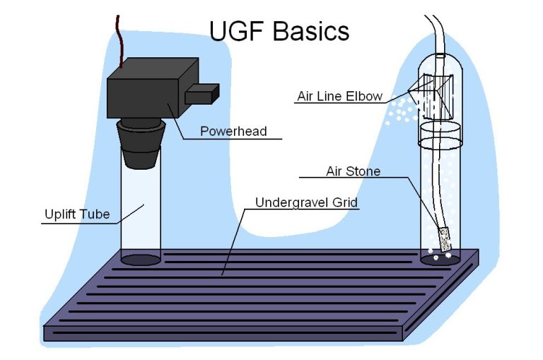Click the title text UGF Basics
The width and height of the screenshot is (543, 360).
[x=279, y=31]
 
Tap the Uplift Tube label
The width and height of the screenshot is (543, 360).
[x=77, y=214]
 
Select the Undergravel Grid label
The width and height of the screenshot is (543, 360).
[x=306, y=202]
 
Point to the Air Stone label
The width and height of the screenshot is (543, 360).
[x=353, y=171]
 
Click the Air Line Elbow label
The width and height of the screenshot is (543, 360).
[x=339, y=96]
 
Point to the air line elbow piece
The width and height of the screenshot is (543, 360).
[x=435, y=96]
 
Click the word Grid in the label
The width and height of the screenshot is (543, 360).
[x=346, y=202]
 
